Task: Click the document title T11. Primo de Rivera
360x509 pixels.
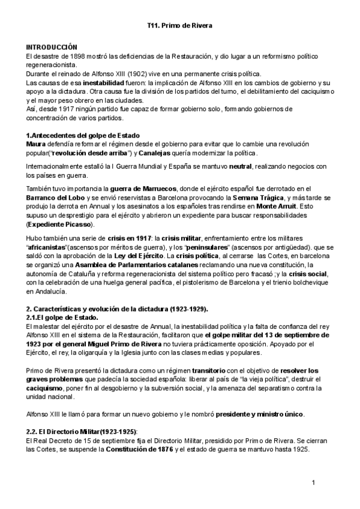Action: click(180, 26)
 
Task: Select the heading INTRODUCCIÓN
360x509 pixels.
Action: click(52, 47)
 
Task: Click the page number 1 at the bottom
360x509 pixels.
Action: click(314, 483)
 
